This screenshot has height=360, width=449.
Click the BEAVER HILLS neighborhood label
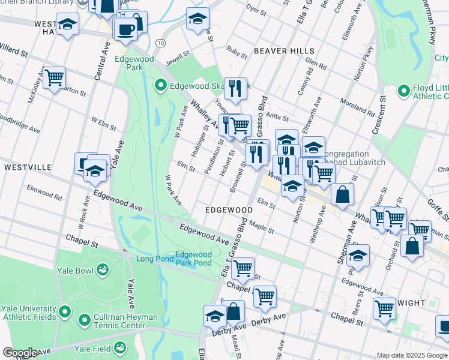pos(282,51)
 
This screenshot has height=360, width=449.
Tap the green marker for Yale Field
pos(120,347)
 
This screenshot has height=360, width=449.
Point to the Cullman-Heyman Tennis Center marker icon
pos(83,317)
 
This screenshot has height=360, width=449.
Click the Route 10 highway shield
pos(160,43)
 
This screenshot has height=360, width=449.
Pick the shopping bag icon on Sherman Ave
pos(342,194)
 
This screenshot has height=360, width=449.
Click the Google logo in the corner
pos(20,353)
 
